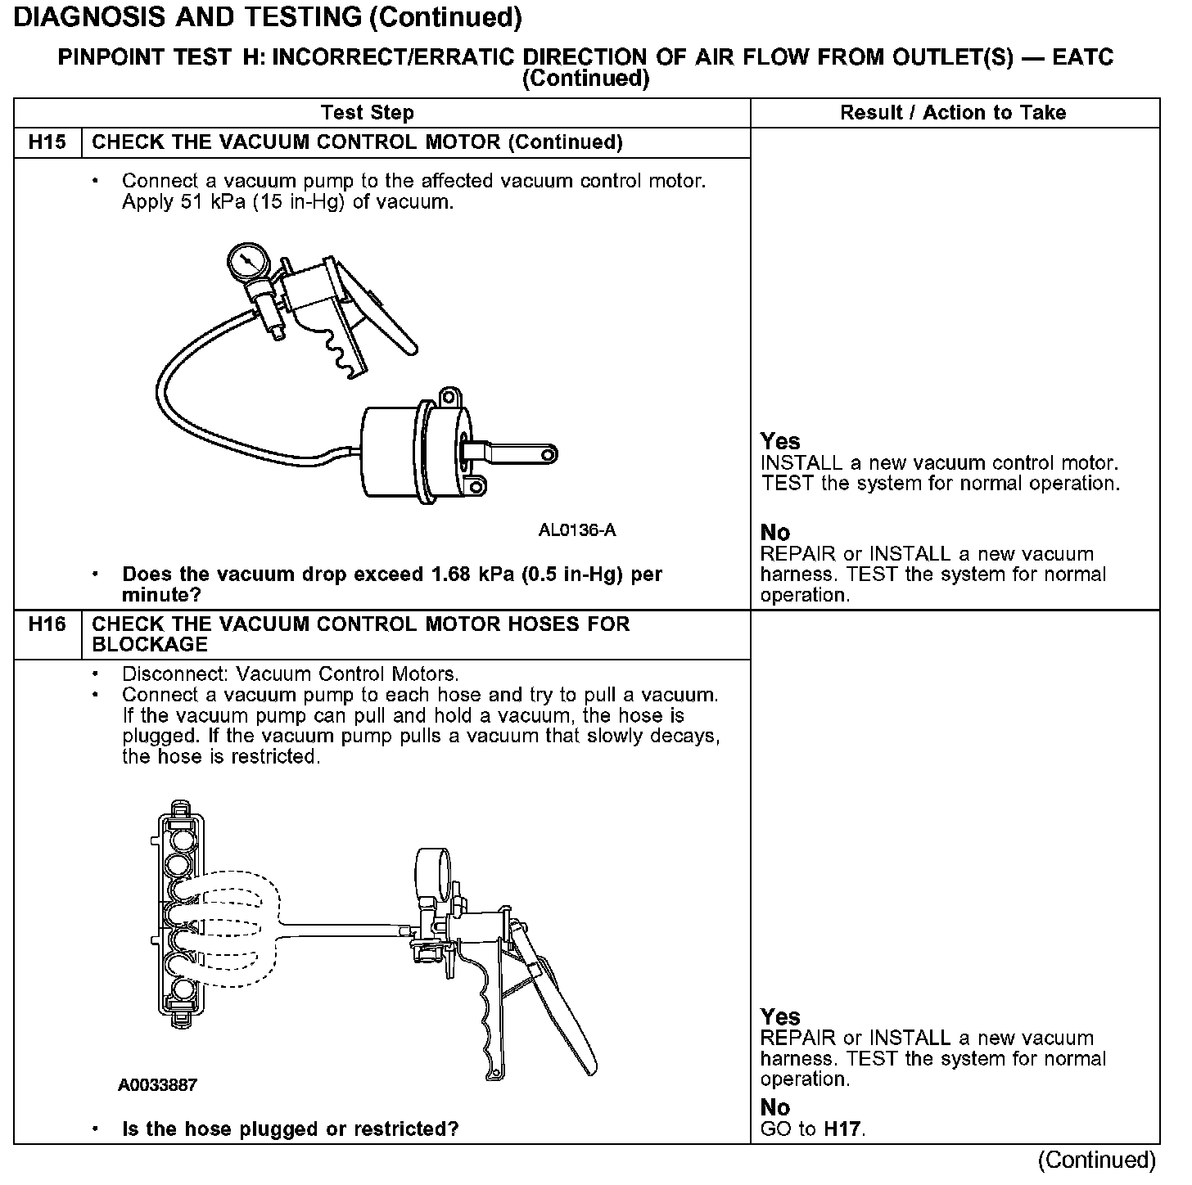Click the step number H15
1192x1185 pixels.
click(x=47, y=142)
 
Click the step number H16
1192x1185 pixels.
click(x=47, y=624)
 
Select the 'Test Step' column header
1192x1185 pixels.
click(x=368, y=113)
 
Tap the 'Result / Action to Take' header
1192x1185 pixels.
click(x=953, y=113)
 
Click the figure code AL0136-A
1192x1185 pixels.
click(x=577, y=530)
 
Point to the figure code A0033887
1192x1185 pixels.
click(x=158, y=1085)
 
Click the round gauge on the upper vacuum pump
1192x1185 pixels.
click(x=248, y=264)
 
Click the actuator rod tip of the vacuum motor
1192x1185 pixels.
click(x=548, y=453)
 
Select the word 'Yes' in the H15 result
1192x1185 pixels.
click(x=780, y=442)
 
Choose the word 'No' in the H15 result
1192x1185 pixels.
click(x=775, y=534)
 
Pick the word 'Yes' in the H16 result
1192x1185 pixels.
click(x=780, y=1017)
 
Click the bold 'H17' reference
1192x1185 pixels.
click(x=842, y=1130)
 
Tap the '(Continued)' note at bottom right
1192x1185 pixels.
click(x=1096, y=1160)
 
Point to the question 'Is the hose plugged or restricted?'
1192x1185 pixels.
click(x=290, y=1129)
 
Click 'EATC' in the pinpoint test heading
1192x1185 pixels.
click(x=1082, y=57)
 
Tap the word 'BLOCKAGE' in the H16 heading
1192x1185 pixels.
click(x=150, y=645)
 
